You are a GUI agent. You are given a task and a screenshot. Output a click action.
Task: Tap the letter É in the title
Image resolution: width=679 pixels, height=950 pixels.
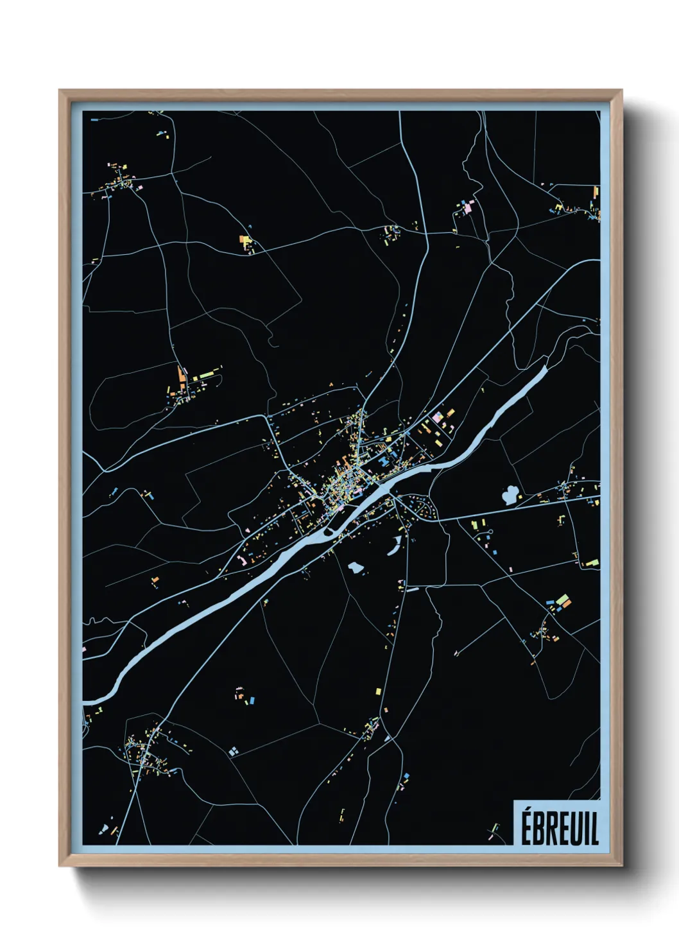pos(526,828)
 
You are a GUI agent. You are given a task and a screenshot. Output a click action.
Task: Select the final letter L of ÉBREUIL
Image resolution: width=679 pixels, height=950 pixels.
pos(594,828)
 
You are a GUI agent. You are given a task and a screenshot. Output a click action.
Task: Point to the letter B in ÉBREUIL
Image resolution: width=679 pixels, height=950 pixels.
pos(538,829)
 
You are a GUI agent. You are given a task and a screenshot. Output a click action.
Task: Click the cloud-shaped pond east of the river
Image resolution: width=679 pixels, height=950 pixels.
pos(511,495)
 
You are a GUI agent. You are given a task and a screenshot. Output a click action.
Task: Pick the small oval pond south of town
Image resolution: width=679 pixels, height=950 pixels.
pos(354,567)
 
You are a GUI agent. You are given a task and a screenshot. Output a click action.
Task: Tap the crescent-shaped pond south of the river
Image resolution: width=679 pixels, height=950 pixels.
pos(394,546)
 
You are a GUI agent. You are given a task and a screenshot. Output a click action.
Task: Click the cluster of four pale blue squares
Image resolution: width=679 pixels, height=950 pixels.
pos(233,750)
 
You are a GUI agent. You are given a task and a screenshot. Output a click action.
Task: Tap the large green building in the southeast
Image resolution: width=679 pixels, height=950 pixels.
pos(563,600)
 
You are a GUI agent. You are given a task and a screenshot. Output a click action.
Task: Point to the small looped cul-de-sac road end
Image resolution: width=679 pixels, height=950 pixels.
pos(488,533)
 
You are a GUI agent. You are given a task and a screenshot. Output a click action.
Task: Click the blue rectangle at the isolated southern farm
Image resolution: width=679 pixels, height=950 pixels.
pos(252,699)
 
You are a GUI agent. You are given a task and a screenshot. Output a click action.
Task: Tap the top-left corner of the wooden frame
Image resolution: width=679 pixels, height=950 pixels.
pos(60,91)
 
